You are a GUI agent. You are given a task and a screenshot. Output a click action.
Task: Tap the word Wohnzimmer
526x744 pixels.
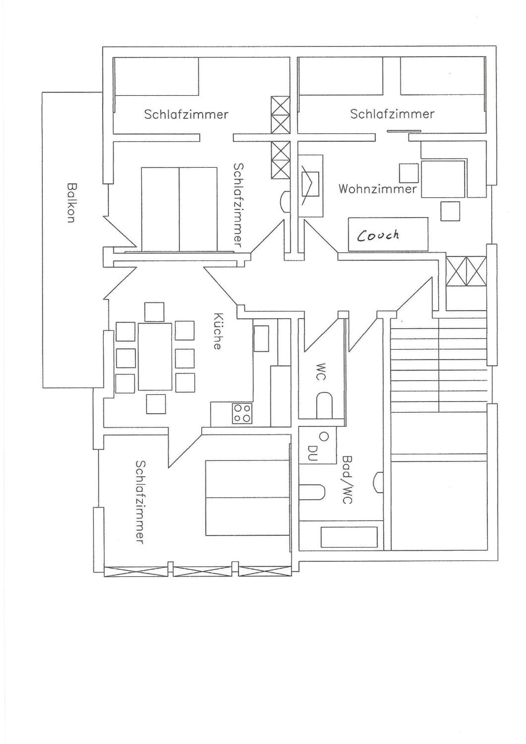tap(378, 189)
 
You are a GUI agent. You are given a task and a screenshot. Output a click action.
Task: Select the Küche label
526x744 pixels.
tap(218, 331)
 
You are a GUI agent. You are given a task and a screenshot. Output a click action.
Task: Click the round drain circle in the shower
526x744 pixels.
tap(323, 436)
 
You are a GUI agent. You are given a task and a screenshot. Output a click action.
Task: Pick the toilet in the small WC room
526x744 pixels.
tap(324, 405)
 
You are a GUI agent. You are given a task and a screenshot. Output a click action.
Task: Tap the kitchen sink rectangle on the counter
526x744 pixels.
tap(261, 338)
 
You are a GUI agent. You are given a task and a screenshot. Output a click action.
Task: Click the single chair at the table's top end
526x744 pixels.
tap(154, 312)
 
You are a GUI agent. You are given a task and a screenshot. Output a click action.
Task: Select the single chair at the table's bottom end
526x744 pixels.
tap(156, 404)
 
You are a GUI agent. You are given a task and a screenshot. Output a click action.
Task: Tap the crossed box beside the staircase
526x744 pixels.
tap(466, 271)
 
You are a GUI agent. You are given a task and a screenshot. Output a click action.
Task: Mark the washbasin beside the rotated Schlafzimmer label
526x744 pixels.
tap(285, 201)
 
